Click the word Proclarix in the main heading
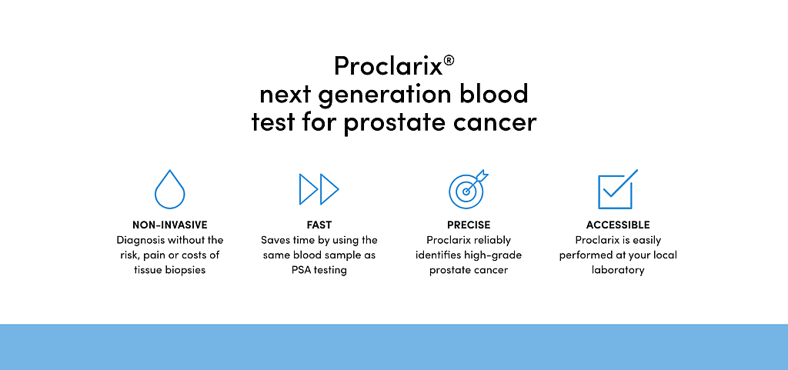pos(389,65)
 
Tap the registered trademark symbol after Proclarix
pos(449,61)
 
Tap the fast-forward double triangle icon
pos(319,189)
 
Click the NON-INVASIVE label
pos(170,225)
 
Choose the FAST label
pos(319,225)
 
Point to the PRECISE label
pos(469,225)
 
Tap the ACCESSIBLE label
pos(618,225)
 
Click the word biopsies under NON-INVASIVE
pos(186,271)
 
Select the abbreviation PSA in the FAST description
pos(300,270)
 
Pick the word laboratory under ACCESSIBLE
pos(618,271)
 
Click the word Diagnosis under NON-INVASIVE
pos(139,241)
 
